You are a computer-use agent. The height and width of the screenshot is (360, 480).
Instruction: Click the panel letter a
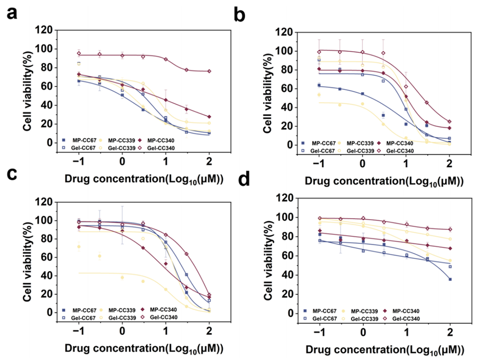coord(14,13)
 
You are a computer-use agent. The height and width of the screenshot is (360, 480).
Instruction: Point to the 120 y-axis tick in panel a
coord(45,30)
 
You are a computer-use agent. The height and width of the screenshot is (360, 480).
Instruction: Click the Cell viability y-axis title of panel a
coord(20,86)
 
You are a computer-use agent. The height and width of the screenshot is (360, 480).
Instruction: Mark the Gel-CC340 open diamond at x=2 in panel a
coord(209,71)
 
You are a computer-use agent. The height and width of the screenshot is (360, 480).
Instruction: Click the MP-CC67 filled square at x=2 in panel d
coord(450,279)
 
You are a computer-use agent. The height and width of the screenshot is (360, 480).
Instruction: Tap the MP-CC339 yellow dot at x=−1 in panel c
coord(78,246)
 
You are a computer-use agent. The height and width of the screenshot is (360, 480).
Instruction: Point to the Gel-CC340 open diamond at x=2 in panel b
coord(449,122)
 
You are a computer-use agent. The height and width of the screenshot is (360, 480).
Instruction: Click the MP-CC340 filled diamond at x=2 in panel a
coord(209,117)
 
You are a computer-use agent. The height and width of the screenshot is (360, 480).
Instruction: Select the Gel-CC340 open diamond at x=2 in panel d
coord(450,229)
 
